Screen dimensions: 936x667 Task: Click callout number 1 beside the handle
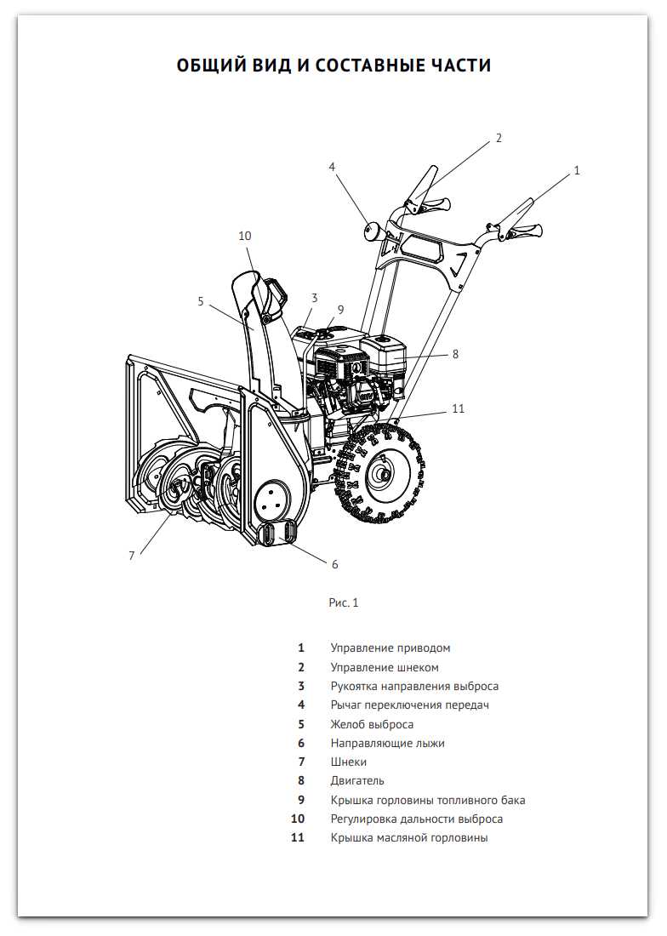click(x=577, y=171)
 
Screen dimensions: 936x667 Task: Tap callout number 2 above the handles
click(x=499, y=138)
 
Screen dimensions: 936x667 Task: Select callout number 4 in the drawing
click(x=332, y=167)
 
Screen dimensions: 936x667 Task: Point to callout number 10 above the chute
click(x=245, y=236)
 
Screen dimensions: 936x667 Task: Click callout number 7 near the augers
click(x=132, y=556)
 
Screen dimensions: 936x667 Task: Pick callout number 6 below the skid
click(x=334, y=564)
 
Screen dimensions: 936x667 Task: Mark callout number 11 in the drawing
click(x=459, y=409)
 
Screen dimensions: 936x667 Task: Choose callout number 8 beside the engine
click(x=455, y=354)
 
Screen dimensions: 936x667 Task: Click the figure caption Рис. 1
click(x=344, y=602)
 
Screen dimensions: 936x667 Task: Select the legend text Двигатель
click(x=357, y=780)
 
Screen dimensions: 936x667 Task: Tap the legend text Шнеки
click(x=349, y=762)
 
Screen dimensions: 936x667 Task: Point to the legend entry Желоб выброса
click(x=372, y=724)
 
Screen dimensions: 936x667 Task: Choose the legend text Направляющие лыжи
click(x=387, y=743)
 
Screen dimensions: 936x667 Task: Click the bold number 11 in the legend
click(x=298, y=837)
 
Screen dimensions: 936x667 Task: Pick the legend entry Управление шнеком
click(x=385, y=667)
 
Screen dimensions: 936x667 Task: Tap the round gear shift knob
click(x=372, y=231)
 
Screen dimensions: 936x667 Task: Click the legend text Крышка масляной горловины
click(x=409, y=837)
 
